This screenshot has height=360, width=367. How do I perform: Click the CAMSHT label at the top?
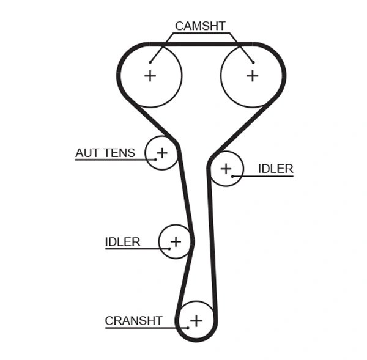[200, 26]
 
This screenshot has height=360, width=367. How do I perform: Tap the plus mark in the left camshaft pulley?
[150, 75]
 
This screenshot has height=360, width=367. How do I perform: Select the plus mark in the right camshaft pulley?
[252, 75]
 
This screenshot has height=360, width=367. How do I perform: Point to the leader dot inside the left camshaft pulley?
[150, 61]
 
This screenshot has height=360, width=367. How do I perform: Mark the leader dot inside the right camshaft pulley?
[252, 61]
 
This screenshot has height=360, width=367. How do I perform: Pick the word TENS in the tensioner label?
[119, 153]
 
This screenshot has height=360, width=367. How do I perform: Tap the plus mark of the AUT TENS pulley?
[162, 152]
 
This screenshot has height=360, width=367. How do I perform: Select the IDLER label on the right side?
[275, 169]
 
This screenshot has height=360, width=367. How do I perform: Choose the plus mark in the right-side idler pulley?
[226, 168]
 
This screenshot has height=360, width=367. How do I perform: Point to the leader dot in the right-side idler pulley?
[233, 176]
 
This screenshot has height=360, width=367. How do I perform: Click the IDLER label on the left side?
[122, 242]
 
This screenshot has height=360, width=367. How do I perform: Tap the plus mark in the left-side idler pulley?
[176, 241]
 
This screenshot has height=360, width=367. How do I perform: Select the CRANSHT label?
[133, 320]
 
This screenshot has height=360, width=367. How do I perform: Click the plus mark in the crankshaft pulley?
[196, 320]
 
